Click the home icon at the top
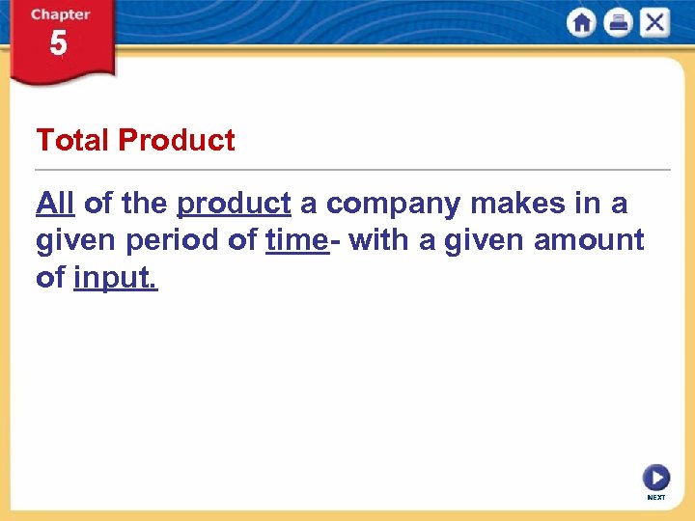pos(582,22)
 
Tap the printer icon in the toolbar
pos(618,22)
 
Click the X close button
pos(653,22)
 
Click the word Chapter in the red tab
pos(60,14)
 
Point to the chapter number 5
pos(58,43)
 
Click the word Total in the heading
pos(72,141)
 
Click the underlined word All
pos(55,204)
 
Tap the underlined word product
pos(234,204)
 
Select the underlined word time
pos(295,240)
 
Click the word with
pos(379,240)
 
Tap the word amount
pos(590,240)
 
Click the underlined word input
pos(115,278)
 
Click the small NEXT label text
pos(656,497)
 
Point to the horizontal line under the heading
pos(353,170)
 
